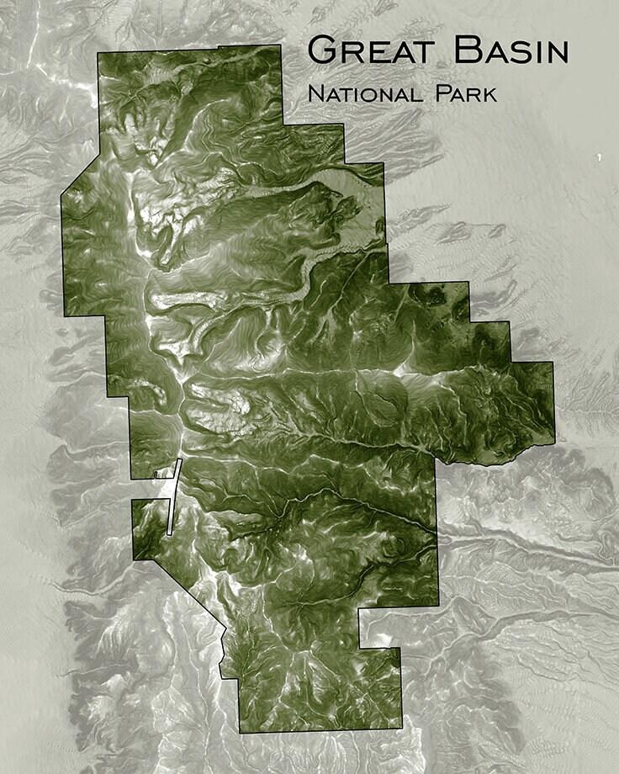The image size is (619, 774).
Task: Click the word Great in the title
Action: point(373,51)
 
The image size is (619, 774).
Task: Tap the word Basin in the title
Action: point(511,51)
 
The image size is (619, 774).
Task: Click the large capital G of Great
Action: point(324,50)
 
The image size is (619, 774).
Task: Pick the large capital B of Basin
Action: point(468,50)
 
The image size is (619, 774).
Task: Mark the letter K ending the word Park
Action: point(489,93)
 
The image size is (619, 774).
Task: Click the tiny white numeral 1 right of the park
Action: point(599,157)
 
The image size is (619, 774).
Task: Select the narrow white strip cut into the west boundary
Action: point(174,496)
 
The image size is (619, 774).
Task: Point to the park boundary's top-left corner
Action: point(98,54)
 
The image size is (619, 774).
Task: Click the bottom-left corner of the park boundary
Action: point(240,732)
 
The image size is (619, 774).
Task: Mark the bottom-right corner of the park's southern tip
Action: point(400,729)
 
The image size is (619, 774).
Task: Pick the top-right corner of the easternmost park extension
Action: point(553,363)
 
